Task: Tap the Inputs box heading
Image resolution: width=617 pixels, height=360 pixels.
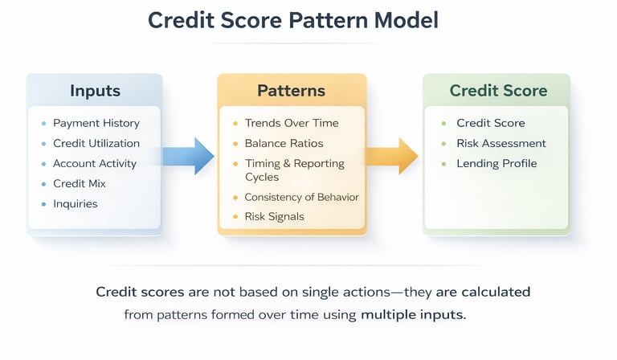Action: pyautogui.click(x=96, y=90)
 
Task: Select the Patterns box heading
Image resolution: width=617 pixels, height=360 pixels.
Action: pyautogui.click(x=292, y=90)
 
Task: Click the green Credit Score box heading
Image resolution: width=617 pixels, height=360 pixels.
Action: pyautogui.click(x=498, y=90)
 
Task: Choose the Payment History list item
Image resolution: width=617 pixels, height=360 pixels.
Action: pyautogui.click(x=96, y=124)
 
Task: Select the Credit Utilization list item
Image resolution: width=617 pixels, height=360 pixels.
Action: pyautogui.click(x=96, y=144)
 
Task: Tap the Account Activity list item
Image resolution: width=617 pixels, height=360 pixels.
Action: pyautogui.click(x=95, y=164)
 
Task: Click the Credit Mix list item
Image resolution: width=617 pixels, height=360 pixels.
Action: pyautogui.click(x=79, y=184)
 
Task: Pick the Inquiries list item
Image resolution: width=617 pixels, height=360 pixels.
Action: pyautogui.click(x=75, y=204)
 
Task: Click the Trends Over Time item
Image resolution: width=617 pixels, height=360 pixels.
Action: pyautogui.click(x=292, y=124)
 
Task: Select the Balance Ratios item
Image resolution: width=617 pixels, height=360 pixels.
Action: pyautogui.click(x=284, y=144)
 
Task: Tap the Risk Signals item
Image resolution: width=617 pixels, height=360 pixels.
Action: pyautogui.click(x=274, y=217)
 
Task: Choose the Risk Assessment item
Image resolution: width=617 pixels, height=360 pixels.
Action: pyautogui.click(x=501, y=144)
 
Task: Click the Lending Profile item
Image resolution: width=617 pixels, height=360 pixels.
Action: pyautogui.click(x=496, y=164)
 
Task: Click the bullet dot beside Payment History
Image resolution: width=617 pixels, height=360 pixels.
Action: pyautogui.click(x=43, y=124)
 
